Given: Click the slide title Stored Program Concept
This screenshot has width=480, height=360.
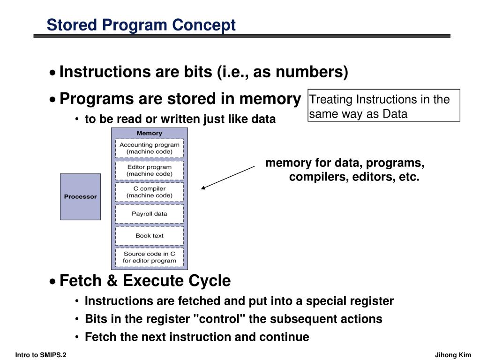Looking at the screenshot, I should [x=141, y=24].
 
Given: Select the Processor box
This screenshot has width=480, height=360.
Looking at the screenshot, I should [x=80, y=196].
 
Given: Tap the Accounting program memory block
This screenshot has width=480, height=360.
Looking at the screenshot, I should [x=149, y=148].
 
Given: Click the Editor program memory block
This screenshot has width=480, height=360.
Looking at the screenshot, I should [x=149, y=170].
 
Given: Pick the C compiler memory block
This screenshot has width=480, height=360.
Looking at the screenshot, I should [x=149, y=192].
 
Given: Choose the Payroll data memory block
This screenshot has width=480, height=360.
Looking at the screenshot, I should [x=149, y=214].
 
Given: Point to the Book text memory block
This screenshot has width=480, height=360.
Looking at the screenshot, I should [x=149, y=236].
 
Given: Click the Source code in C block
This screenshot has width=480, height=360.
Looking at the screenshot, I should [x=149, y=257].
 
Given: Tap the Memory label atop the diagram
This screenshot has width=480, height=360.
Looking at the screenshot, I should [x=149, y=133].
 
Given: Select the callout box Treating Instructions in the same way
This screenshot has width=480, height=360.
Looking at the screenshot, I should [x=383, y=106].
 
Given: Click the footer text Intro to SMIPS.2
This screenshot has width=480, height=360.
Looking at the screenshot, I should [x=41, y=355].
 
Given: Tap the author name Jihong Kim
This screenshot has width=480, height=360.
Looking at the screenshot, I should [x=453, y=355].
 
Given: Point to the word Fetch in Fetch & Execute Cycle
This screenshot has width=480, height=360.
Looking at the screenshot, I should [x=80, y=281].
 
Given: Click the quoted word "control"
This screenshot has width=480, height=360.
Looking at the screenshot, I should [x=219, y=319].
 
